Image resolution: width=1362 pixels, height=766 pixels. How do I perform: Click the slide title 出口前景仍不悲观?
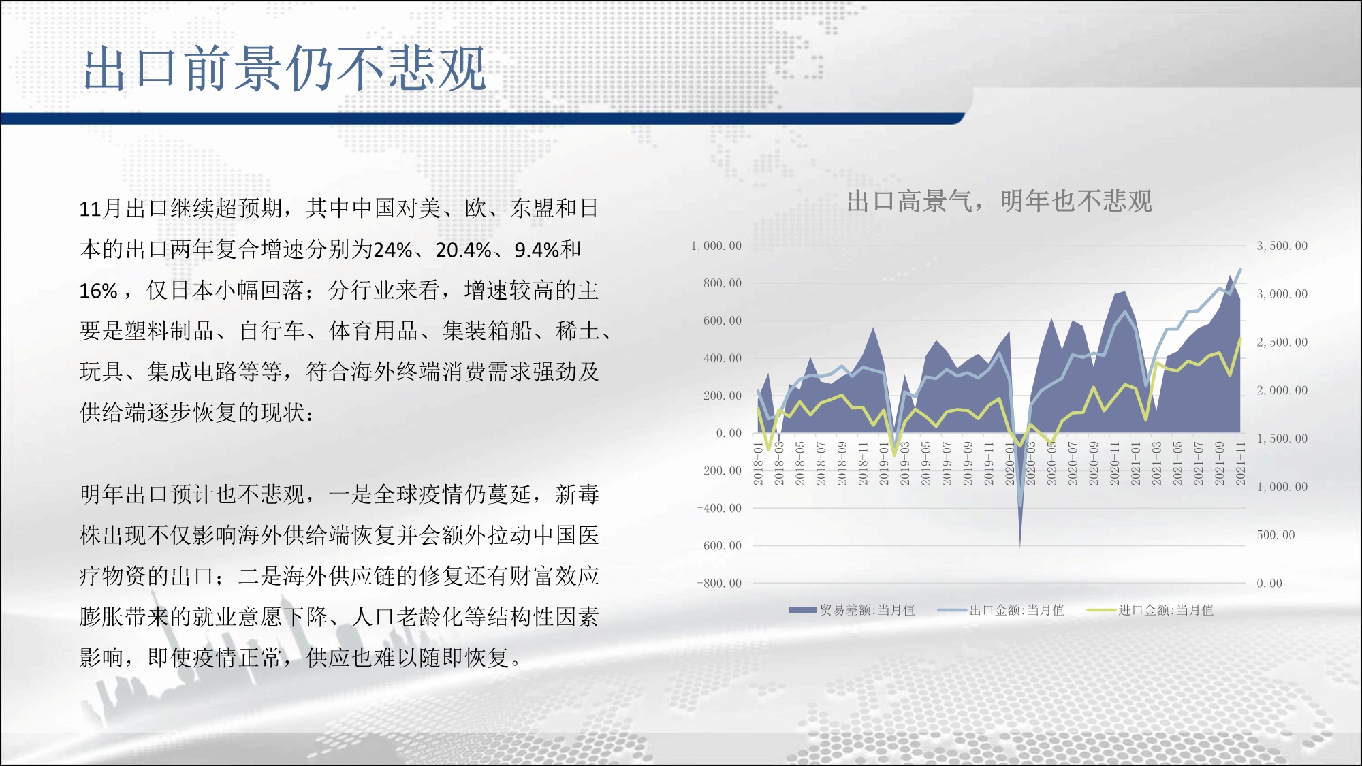click(285, 68)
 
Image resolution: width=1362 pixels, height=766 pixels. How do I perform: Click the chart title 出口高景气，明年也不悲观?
click(999, 201)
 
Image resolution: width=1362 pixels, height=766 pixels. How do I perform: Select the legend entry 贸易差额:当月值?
click(852, 610)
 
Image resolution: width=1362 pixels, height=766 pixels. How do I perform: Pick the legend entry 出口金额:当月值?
click(1001, 610)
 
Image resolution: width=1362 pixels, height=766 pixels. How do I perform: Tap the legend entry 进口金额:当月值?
click(1150, 610)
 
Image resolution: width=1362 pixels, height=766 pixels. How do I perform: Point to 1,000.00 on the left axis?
click(716, 246)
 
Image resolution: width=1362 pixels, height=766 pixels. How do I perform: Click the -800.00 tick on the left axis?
click(719, 583)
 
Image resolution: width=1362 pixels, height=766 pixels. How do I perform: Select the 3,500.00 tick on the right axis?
click(1282, 246)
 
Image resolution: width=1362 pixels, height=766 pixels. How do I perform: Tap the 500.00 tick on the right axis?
click(1276, 535)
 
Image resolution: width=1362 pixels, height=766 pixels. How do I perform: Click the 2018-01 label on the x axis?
click(759, 463)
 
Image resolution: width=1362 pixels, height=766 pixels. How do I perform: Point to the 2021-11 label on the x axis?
click(1240, 463)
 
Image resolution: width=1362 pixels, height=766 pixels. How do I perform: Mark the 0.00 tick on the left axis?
click(729, 433)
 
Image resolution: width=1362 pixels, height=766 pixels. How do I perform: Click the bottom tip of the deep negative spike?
click(1019, 547)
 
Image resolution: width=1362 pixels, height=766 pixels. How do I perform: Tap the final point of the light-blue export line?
click(1240, 270)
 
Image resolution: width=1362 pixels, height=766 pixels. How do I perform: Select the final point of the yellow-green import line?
click(1240, 338)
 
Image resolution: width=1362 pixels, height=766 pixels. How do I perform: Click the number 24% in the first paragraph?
click(393, 250)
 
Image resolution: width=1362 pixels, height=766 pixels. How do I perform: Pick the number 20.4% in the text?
click(463, 250)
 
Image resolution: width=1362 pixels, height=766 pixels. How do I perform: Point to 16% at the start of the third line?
click(99, 291)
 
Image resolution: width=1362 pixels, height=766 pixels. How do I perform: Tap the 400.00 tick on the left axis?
click(723, 358)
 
